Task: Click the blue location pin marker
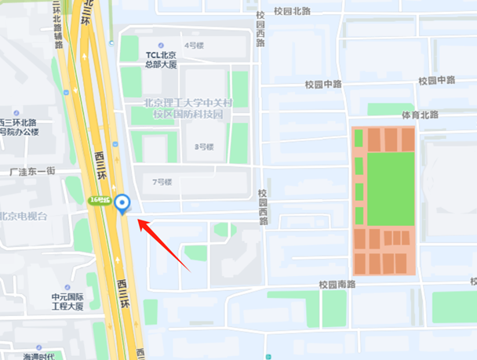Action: pos(122,204)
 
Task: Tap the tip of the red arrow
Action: pos(139,221)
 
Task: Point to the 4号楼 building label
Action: pos(192,45)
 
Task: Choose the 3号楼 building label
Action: pos(204,146)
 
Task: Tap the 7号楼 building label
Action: pos(162,182)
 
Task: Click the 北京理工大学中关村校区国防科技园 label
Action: pos(188,108)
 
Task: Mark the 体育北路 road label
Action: pos(419,115)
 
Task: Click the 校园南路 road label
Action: pos(337,284)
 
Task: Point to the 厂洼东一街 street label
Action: pos(30,171)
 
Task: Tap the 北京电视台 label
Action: pos(24,216)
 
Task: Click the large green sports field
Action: pos(390,189)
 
